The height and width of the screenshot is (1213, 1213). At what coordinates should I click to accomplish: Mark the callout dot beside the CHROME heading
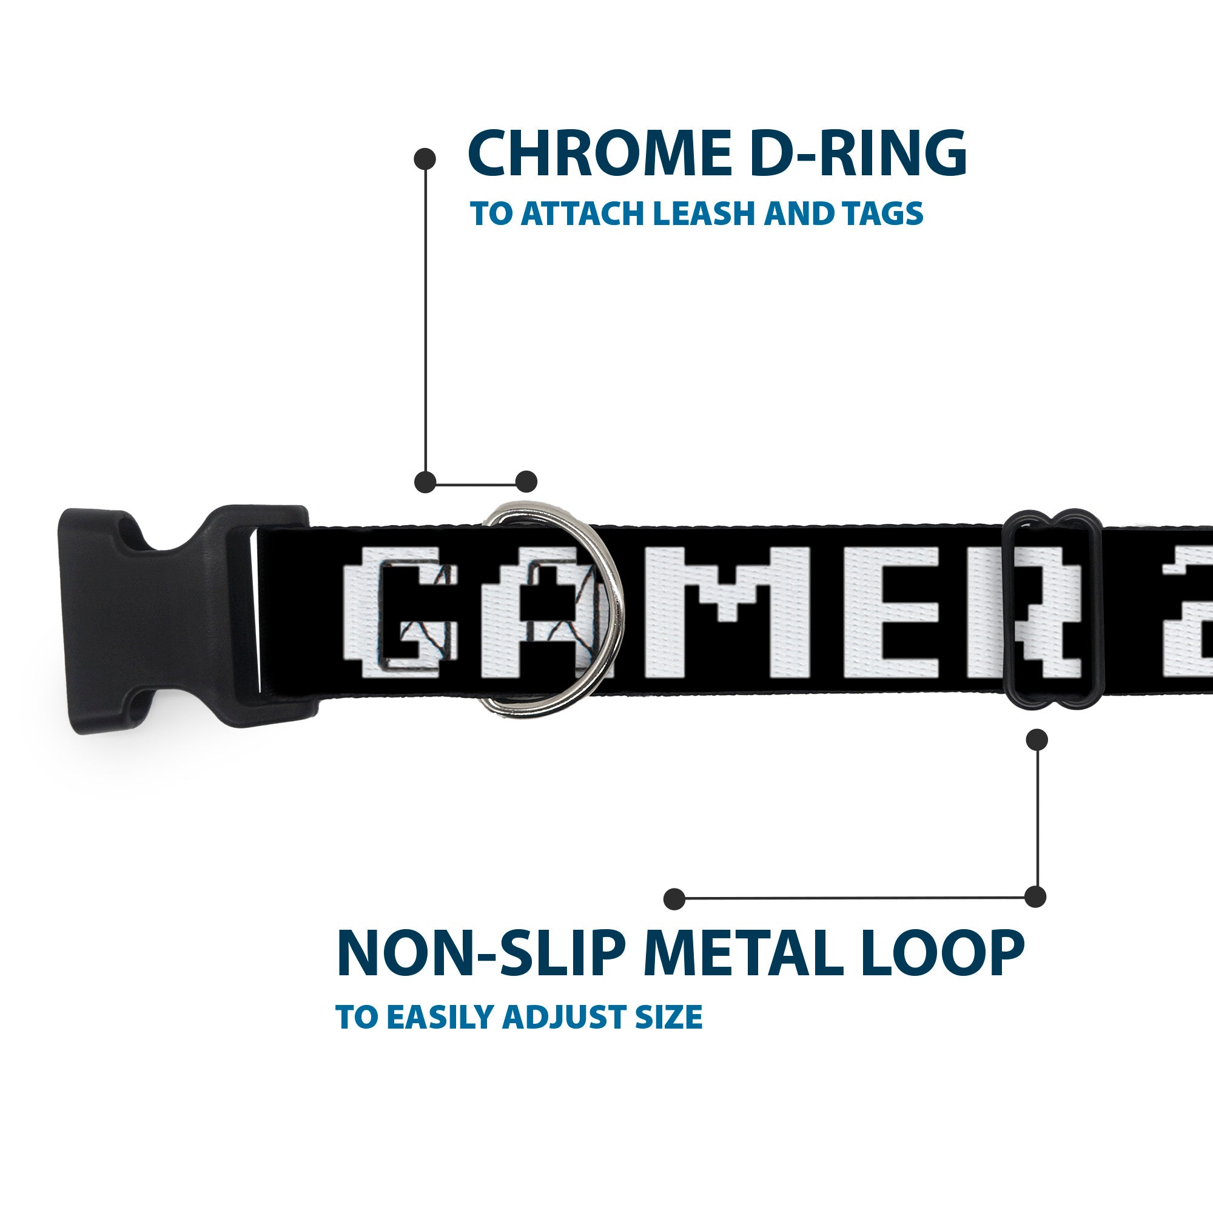pyautogui.click(x=425, y=158)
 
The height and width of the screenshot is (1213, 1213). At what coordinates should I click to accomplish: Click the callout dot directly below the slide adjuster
pyautogui.click(x=1037, y=739)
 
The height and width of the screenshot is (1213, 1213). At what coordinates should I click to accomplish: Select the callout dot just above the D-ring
pyautogui.click(x=526, y=482)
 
